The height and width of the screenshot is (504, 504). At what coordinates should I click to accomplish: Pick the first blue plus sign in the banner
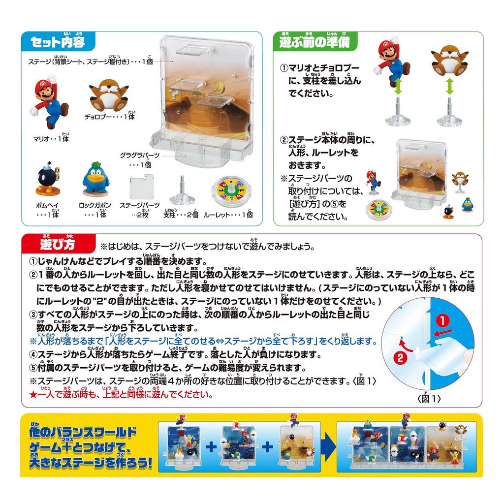pos(212,447)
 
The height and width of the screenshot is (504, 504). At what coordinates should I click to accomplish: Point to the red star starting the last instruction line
pos(33,395)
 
